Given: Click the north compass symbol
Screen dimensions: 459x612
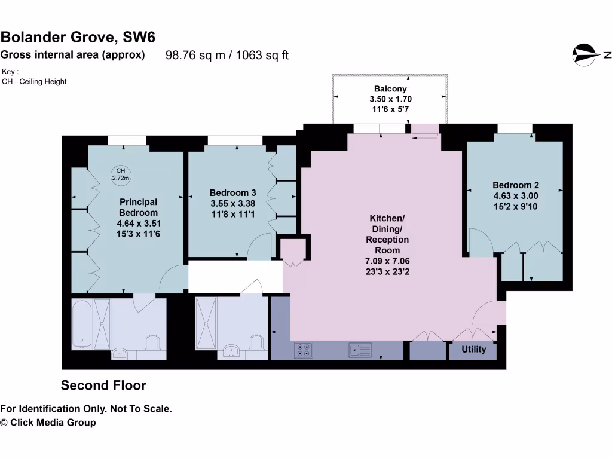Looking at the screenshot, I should pyautogui.click(x=586, y=55).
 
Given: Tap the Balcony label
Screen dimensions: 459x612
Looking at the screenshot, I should pyautogui.click(x=391, y=89).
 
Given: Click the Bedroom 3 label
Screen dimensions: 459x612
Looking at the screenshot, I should pyautogui.click(x=232, y=193).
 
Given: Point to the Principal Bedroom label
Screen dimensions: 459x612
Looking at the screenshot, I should pyautogui.click(x=138, y=207).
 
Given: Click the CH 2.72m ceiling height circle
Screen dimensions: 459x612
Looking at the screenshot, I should pyautogui.click(x=121, y=174).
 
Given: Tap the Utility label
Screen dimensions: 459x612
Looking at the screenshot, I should pyautogui.click(x=473, y=350).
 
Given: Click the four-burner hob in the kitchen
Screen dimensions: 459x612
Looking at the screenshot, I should pyautogui.click(x=303, y=350).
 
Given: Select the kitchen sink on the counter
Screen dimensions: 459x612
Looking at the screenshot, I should pyautogui.click(x=360, y=349).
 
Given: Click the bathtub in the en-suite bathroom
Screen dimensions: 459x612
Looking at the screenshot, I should pyautogui.click(x=82, y=323).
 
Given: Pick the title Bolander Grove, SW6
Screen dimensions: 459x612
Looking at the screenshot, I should pyautogui.click(x=78, y=37).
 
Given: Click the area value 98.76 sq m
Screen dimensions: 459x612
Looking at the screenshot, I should pyautogui.click(x=195, y=56).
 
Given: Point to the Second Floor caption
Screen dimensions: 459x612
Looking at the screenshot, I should pyautogui.click(x=103, y=385).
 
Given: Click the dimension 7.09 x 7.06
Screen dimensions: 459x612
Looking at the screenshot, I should pyautogui.click(x=387, y=261).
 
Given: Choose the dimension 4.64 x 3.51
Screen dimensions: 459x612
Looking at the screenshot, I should pyautogui.click(x=138, y=224).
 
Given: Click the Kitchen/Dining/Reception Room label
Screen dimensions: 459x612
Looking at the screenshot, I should pyautogui.click(x=387, y=234).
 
